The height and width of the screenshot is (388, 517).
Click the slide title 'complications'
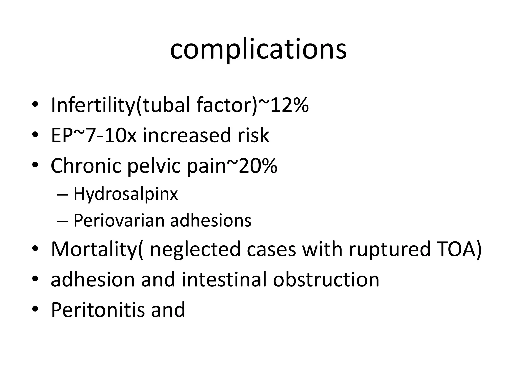coord(258,50)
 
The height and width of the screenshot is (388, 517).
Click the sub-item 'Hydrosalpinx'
coord(126,194)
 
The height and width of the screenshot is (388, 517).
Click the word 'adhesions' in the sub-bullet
coord(211,220)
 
